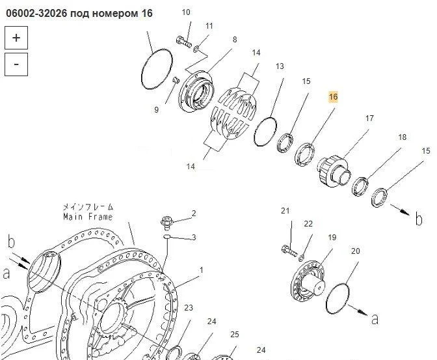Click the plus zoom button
[x=16, y=38]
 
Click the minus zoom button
[x=16, y=64]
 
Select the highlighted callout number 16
[x=333, y=97]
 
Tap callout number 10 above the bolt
[x=186, y=12]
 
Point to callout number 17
[x=369, y=118]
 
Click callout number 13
[x=280, y=66]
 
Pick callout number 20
[x=355, y=251]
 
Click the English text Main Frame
[x=88, y=217]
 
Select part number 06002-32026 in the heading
[x=36, y=13]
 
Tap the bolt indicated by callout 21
[x=289, y=251]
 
